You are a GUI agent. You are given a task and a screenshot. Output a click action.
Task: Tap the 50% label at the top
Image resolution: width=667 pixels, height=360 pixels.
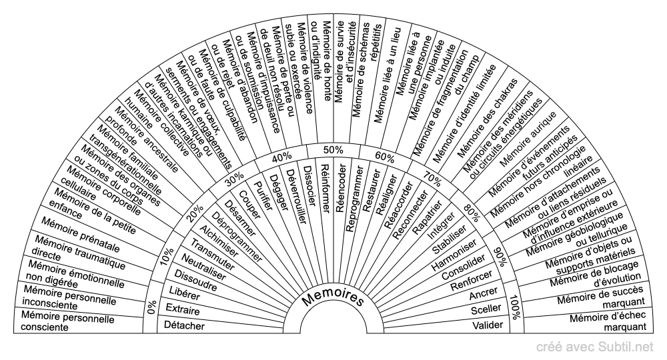333,149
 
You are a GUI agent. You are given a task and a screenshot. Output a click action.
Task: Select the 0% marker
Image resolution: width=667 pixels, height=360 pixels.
151,307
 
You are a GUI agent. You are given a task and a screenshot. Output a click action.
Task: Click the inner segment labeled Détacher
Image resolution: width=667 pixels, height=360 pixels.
185,325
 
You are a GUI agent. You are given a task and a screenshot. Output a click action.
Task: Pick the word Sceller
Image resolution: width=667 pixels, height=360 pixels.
485,310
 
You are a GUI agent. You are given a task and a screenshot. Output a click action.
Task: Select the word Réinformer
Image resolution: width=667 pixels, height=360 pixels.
325,187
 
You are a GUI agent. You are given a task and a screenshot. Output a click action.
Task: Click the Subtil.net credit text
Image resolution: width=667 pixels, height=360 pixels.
596,346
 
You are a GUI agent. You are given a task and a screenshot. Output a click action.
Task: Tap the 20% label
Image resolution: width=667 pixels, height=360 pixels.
194,213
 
